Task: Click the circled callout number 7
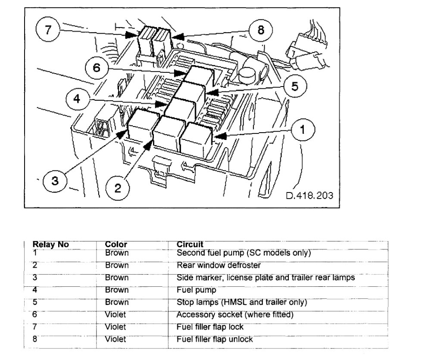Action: (47, 30)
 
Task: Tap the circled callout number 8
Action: (261, 31)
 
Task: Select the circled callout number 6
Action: (96, 68)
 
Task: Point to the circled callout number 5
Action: (294, 86)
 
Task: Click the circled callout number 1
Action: (303, 129)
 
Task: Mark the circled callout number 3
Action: (55, 180)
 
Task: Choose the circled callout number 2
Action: (117, 188)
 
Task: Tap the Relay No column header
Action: (51, 245)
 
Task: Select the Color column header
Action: (116, 245)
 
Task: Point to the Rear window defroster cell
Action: (219, 265)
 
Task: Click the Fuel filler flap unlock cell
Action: (215, 339)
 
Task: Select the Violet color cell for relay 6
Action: (116, 315)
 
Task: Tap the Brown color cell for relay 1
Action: (116, 253)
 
